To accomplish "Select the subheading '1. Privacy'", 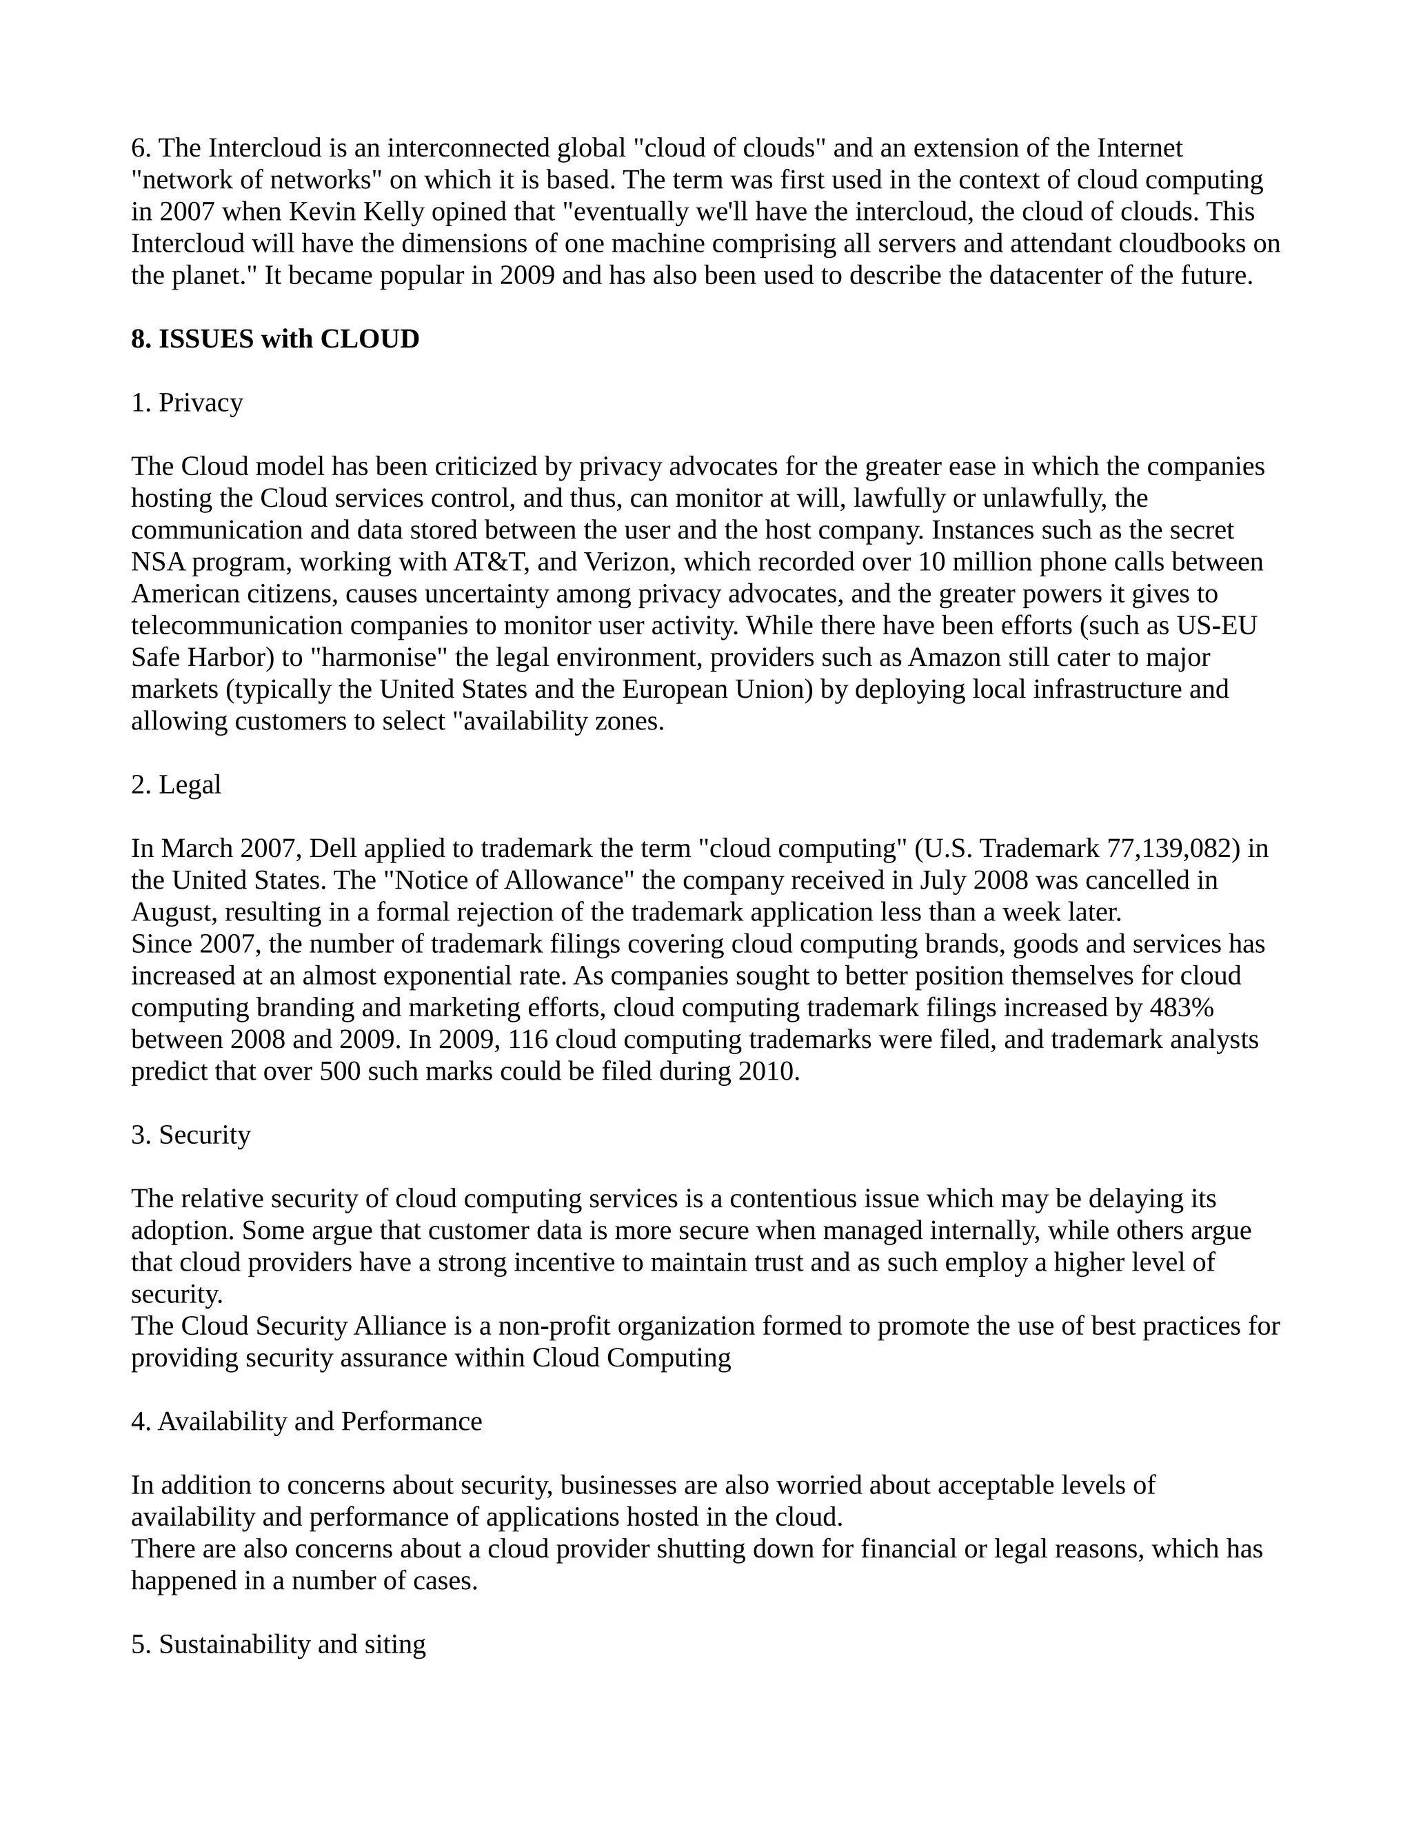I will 187,403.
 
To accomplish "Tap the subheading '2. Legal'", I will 176,785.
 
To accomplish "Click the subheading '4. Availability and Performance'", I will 306,1422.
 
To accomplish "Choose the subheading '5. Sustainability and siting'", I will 279,1644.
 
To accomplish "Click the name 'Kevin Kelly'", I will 356,212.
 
